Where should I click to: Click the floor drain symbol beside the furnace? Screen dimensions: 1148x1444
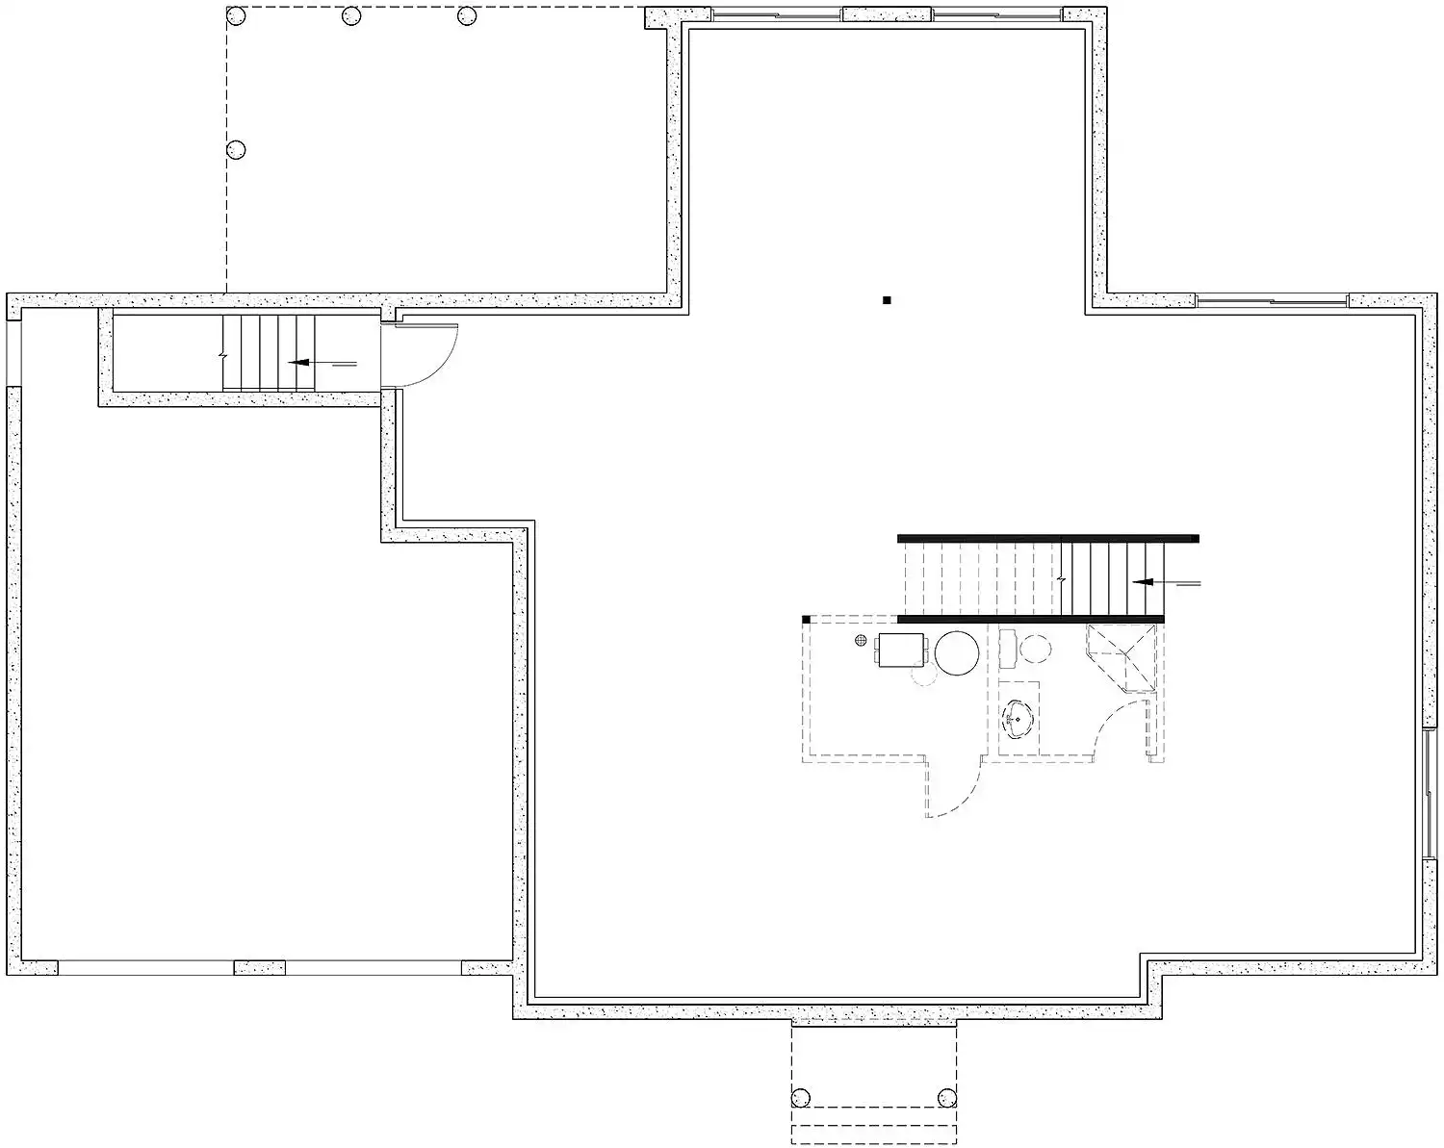click(861, 641)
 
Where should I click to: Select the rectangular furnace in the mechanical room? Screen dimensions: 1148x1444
click(901, 650)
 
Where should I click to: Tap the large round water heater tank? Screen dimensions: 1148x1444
click(958, 652)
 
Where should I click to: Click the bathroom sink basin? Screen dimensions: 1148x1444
click(1018, 717)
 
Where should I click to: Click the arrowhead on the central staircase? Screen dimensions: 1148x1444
click(1144, 582)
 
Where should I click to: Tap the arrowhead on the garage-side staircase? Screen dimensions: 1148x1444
click(298, 364)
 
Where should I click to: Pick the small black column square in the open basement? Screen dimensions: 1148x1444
click(887, 300)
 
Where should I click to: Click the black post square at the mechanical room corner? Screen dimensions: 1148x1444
click(805, 619)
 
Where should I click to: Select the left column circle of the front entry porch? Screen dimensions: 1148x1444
click(801, 1097)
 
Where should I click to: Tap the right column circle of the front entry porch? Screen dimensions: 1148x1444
click(946, 1097)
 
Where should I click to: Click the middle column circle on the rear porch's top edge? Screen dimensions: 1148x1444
click(351, 15)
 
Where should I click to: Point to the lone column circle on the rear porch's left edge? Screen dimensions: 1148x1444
click(235, 149)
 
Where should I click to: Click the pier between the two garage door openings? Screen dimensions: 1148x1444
click(259, 967)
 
